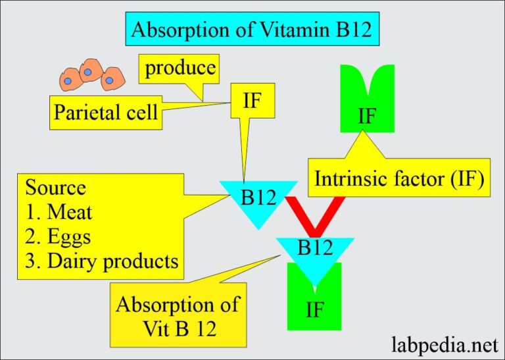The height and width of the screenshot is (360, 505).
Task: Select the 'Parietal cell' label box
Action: [x=106, y=113]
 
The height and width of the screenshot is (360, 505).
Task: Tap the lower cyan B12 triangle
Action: [x=315, y=253]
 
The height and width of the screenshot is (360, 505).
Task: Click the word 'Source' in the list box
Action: [x=55, y=188]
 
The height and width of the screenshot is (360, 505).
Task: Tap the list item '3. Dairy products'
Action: [x=102, y=261]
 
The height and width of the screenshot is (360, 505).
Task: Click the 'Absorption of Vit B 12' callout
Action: [x=178, y=315]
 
